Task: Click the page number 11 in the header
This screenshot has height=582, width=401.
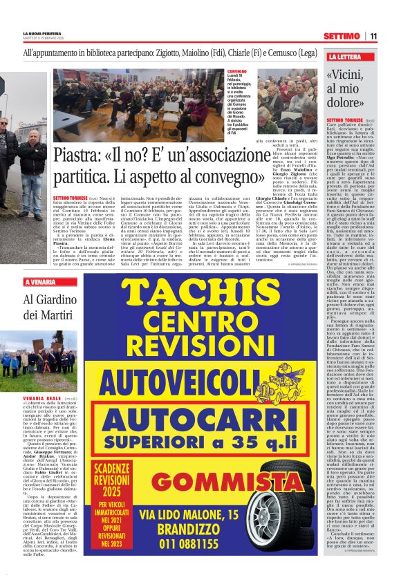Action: [373, 35]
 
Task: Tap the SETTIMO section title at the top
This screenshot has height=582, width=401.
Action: [341, 35]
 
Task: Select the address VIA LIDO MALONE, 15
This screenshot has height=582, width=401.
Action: [189, 515]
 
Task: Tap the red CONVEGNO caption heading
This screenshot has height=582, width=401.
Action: [236, 71]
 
